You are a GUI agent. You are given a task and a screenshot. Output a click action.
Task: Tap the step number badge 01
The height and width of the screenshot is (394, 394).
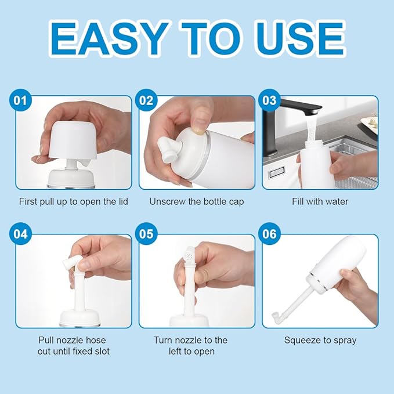click(x=21, y=100)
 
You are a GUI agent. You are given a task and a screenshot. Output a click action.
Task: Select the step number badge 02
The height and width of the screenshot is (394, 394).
click(x=144, y=100)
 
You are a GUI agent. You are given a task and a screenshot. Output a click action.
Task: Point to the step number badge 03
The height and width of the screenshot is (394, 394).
click(x=269, y=100)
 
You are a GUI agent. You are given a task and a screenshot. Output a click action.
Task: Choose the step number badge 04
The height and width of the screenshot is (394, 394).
click(x=21, y=234)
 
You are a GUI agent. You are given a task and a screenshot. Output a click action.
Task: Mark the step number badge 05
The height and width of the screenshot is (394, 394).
click(x=144, y=234)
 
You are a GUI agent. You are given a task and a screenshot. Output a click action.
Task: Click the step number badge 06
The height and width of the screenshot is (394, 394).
click(x=269, y=234)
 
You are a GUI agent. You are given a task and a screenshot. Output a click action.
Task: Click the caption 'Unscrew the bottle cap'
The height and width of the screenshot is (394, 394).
click(x=197, y=201)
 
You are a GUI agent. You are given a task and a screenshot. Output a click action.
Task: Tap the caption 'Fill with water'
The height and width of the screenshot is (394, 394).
click(x=320, y=201)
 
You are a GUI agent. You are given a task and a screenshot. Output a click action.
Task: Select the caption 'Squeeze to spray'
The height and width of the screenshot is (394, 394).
click(x=320, y=340)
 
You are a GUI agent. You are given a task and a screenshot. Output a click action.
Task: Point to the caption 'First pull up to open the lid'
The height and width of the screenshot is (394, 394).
click(x=74, y=201)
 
